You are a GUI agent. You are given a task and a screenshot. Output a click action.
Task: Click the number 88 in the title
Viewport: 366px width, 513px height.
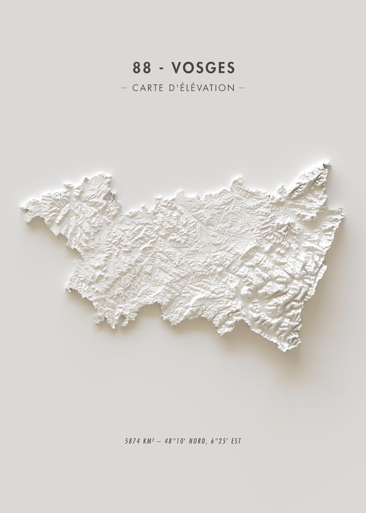tap(142, 68)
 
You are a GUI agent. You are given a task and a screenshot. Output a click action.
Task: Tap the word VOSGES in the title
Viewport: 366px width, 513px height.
tap(203, 68)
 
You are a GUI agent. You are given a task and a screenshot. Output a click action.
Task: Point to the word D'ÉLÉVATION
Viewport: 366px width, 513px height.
tap(201, 88)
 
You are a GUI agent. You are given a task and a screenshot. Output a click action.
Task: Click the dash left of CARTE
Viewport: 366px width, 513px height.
tap(124, 88)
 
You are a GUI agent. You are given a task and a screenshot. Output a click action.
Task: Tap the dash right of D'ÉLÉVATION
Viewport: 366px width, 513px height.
tap(242, 88)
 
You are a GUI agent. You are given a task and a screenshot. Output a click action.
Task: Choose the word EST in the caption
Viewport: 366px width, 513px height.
tap(236, 441)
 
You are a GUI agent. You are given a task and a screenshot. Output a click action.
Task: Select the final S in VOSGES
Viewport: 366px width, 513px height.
tap(231, 68)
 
